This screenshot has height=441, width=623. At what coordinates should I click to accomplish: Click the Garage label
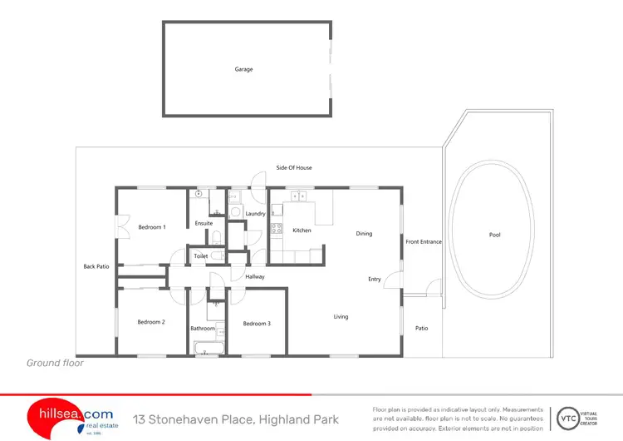(x=243, y=69)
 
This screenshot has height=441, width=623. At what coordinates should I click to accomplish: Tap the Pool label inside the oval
(x=495, y=235)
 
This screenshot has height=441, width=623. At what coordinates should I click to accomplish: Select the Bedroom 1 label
(x=152, y=227)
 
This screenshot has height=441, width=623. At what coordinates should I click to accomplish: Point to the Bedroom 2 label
(x=151, y=322)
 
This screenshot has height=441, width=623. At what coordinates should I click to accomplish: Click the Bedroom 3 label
(x=257, y=323)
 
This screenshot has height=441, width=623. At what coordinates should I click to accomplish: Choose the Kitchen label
(x=302, y=230)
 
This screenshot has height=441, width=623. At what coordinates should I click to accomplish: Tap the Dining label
(x=364, y=234)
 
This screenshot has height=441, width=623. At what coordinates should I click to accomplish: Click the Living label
(x=341, y=317)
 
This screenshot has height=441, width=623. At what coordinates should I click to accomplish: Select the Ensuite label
(x=204, y=223)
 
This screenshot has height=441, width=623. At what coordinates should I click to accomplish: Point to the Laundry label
(x=255, y=214)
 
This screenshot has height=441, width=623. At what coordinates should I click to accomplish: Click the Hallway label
(x=255, y=276)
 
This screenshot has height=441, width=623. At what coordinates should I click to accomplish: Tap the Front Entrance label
(x=424, y=242)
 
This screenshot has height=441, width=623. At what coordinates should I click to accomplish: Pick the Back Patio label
(x=96, y=266)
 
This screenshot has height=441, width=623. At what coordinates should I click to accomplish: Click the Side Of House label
(x=294, y=168)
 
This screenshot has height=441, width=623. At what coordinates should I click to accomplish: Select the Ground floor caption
(x=55, y=363)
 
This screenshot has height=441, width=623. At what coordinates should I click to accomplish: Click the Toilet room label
(x=201, y=256)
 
